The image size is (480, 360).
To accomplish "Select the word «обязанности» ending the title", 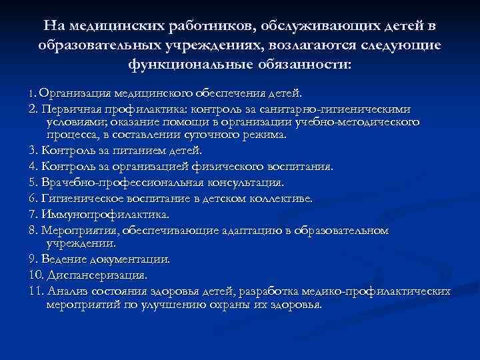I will click(305, 66).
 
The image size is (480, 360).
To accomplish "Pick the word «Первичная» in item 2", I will click(70, 108).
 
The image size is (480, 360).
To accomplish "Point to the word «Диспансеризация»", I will click(97, 274).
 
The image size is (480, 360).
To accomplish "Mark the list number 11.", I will click(35, 291).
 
